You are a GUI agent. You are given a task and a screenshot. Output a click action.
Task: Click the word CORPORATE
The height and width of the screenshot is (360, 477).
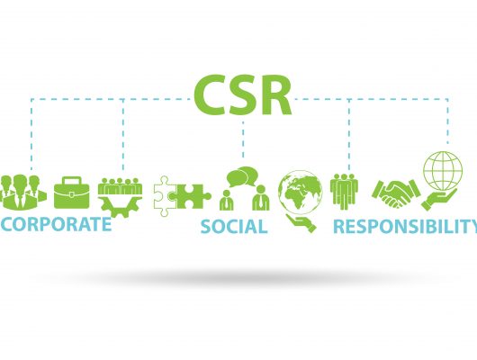[56, 224]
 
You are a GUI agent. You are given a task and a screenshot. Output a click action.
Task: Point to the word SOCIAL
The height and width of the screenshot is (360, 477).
[234, 227]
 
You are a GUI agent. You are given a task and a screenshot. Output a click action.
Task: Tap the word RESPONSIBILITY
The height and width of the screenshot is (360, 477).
[405, 227]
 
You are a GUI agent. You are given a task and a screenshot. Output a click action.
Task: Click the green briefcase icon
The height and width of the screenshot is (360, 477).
[72, 193]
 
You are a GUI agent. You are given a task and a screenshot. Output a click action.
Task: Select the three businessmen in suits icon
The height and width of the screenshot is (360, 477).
[22, 193]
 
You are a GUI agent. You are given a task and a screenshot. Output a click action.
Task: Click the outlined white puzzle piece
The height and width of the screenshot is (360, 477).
[164, 195]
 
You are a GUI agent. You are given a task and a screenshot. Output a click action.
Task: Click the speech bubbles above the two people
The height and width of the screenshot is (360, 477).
[242, 176]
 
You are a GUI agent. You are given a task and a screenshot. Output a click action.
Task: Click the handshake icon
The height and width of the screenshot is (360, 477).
[396, 193]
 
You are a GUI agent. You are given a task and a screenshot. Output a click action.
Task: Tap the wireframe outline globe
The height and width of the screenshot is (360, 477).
[443, 171]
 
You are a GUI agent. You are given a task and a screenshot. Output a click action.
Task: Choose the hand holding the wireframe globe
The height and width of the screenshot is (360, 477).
[438, 199]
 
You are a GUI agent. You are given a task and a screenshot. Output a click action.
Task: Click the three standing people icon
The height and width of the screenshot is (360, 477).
[344, 192]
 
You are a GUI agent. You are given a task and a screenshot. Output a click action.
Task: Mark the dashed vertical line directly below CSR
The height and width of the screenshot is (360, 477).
[243, 139]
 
